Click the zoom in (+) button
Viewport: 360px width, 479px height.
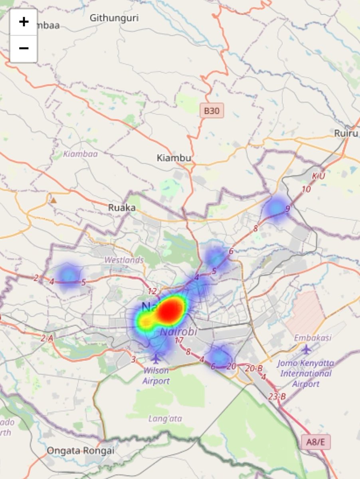24,22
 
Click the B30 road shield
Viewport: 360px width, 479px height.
212,111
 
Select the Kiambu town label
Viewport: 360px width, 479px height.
174,158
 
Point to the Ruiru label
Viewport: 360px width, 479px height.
346,133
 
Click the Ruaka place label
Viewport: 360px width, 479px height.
122,208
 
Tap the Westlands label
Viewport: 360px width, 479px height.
124,260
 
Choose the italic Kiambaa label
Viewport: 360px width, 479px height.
80,154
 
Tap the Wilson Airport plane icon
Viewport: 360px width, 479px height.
156,358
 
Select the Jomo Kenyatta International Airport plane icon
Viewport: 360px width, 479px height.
306,350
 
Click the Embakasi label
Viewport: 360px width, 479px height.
313,338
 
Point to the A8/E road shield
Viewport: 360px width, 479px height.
316,442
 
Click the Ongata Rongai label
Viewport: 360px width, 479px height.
81,451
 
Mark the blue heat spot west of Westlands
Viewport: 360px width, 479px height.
68,275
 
